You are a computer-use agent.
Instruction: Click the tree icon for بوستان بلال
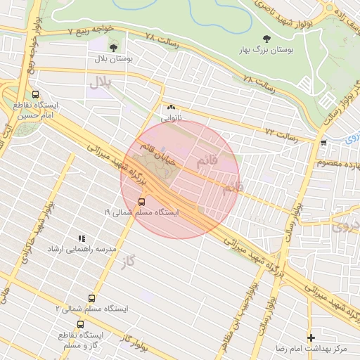click(113, 49)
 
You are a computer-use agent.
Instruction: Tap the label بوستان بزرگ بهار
click(266, 51)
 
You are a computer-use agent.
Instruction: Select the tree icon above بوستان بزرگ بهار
click(266, 39)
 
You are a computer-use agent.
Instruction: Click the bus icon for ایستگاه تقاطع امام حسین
click(36, 94)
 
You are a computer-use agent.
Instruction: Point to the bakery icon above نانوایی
click(171, 108)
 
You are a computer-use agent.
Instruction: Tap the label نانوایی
click(171, 119)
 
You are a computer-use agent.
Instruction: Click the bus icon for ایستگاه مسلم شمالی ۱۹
click(143, 199)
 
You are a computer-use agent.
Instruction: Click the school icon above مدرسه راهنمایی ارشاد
click(82, 238)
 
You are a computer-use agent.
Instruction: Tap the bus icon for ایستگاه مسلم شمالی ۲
click(91, 297)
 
